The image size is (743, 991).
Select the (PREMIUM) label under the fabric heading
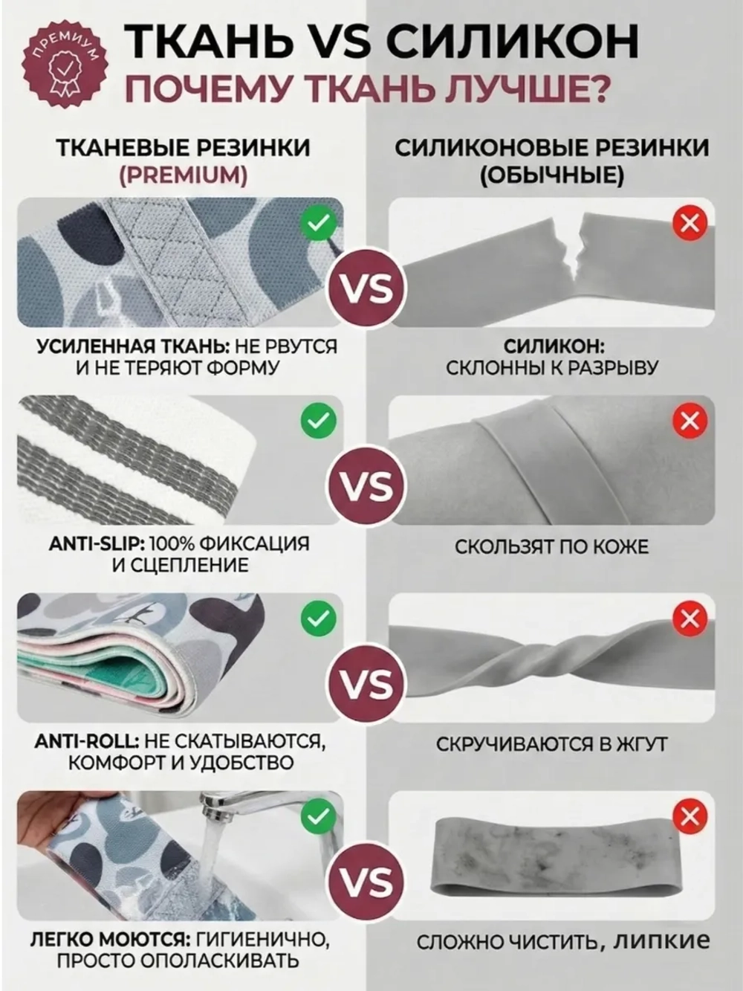[183, 175]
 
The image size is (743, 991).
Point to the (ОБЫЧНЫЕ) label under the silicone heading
[551, 175]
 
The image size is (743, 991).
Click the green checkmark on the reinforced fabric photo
[318, 223]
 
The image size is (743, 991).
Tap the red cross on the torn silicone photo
[690, 223]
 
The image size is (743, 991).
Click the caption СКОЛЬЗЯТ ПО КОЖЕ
[551, 547]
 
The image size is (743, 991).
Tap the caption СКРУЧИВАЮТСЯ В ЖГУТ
[551, 744]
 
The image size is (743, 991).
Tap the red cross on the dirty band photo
[690, 817]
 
